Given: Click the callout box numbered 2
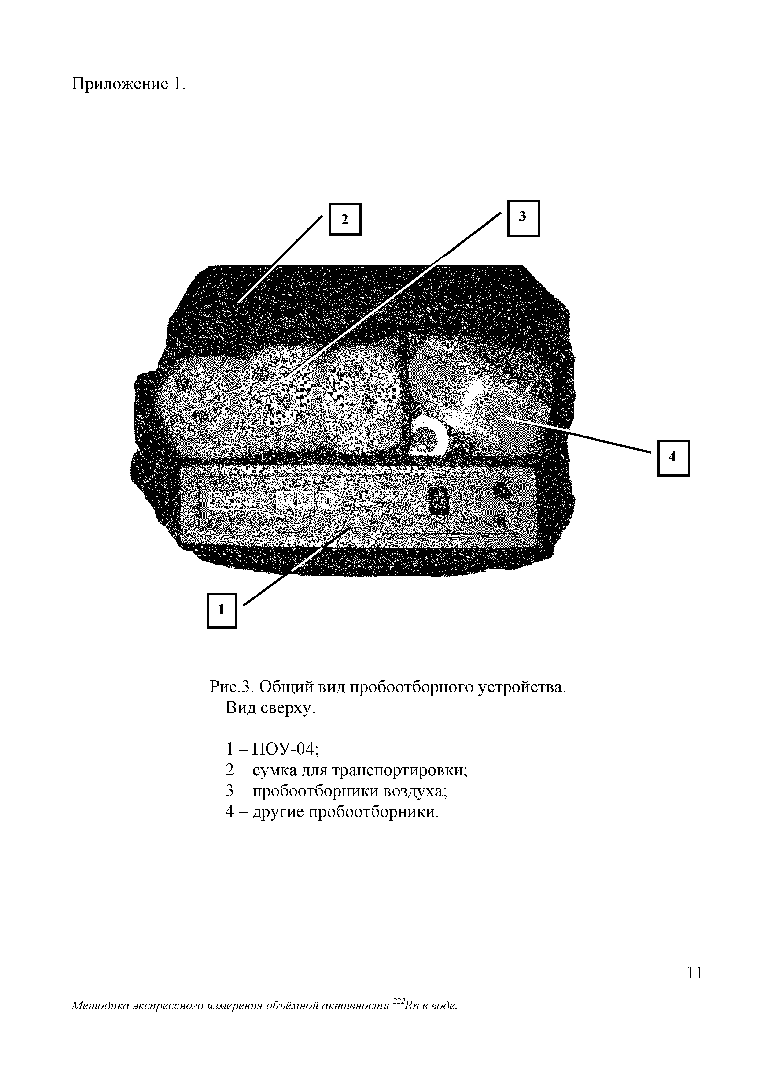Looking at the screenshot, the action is [345, 219].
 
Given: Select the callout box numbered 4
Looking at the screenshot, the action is [673, 458].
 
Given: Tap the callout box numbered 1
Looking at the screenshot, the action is [222, 610].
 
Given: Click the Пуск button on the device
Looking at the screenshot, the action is [353, 501].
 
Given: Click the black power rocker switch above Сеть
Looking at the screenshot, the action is [439, 501].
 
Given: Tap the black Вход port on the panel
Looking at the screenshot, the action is [502, 489].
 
